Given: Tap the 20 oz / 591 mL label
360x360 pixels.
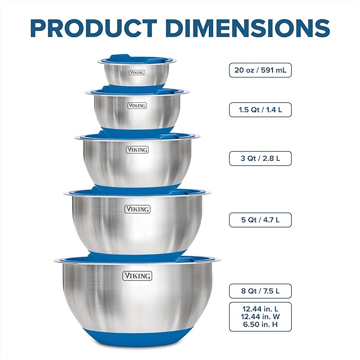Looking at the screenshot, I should tap(260, 70).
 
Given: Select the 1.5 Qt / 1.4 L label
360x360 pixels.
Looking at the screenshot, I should tap(260, 110).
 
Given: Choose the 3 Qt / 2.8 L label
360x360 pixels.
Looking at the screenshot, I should tap(260, 158).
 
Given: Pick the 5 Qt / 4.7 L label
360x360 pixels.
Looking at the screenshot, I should tap(260, 219).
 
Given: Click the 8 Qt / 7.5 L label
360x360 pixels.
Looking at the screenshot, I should tap(260, 291).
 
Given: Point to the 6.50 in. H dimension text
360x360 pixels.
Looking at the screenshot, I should tap(260, 324).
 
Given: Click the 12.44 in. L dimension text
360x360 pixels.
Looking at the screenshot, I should tap(260, 309).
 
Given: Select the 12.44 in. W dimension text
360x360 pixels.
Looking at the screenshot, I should tap(260, 317).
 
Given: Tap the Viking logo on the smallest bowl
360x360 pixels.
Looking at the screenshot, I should tap(137, 72).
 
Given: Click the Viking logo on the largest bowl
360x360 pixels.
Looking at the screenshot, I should tap(137, 276).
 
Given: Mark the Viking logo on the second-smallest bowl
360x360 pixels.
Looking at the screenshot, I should tap(137, 106).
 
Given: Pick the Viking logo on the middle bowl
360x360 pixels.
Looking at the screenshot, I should tap(137, 150).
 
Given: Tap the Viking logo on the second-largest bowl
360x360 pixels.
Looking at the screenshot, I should tap(137, 209).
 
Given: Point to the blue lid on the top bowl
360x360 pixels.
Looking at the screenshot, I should tap(136, 57).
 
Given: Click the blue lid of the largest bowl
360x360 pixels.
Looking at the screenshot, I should tap(137, 259).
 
